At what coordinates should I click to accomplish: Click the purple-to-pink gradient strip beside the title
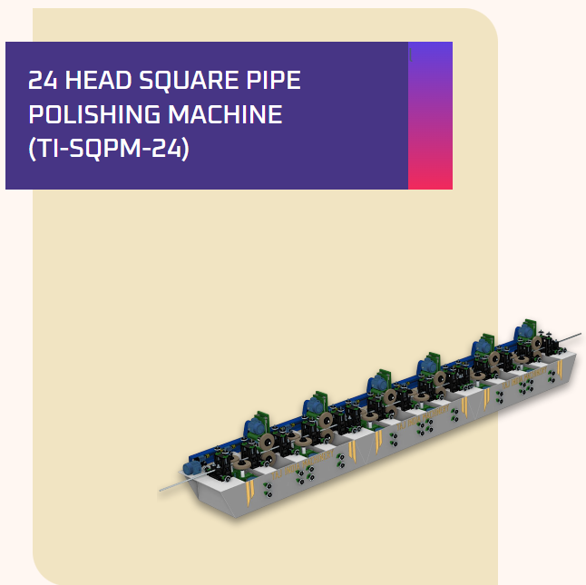tap(430, 115)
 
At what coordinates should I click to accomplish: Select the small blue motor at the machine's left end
tap(191, 467)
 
